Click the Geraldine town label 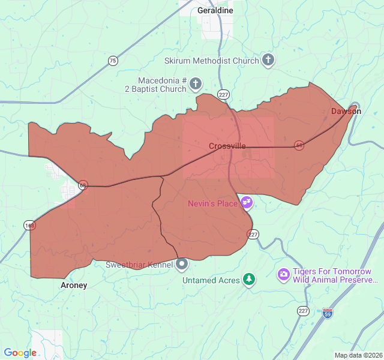click(x=215, y=10)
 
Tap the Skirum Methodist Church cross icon click(x=268, y=60)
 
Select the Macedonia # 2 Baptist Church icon click(x=196, y=85)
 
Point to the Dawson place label click(x=346, y=111)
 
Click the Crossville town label click(x=227, y=146)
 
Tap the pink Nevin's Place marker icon click(x=247, y=203)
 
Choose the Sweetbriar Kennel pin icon click(x=182, y=264)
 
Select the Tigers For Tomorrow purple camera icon click(x=283, y=275)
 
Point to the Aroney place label click(x=74, y=286)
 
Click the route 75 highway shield click(x=113, y=61)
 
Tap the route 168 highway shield click(x=29, y=225)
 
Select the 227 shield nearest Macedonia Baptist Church click(x=223, y=95)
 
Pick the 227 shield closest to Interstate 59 click(x=302, y=310)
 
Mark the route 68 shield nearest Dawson click(x=299, y=145)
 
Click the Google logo click(x=20, y=353)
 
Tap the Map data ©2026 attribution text click(x=358, y=355)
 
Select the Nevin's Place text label click(x=212, y=203)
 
